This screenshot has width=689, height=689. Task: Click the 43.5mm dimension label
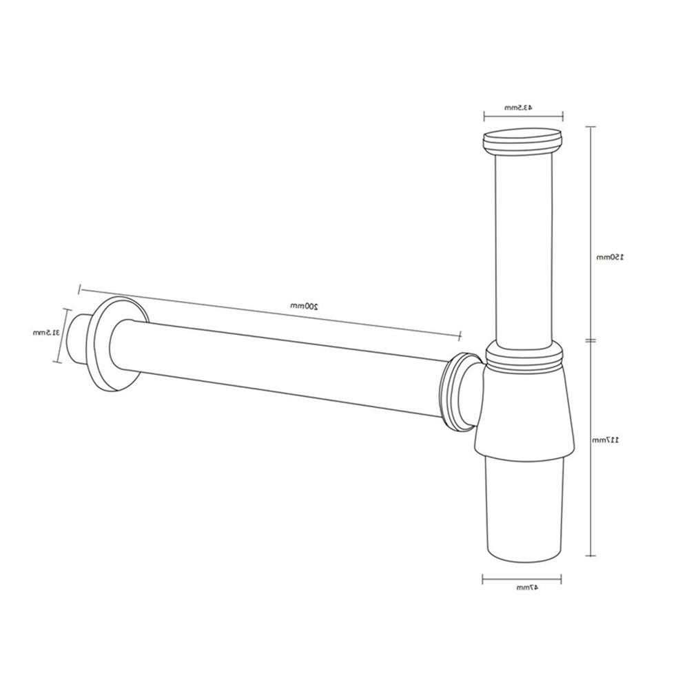click(518, 107)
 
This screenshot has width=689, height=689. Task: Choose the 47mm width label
click(524, 588)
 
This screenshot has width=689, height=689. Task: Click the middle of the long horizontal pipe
click(289, 365)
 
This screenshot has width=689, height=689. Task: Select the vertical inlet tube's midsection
click(524, 248)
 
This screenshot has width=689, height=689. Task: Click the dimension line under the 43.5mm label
click(524, 116)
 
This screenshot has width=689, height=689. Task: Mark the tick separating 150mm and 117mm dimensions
click(590, 340)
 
